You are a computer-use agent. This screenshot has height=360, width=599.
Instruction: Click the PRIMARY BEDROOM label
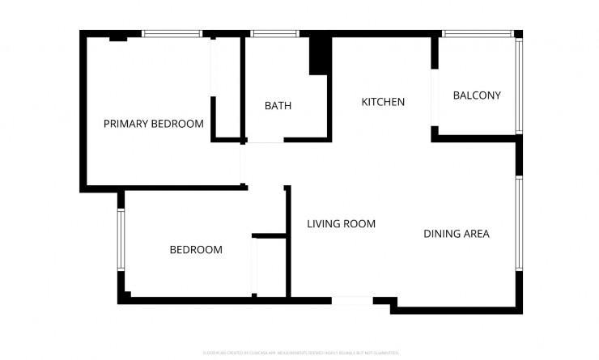click(153, 124)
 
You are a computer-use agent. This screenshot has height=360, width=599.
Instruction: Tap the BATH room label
click(278, 106)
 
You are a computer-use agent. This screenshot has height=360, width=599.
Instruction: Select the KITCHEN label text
click(383, 102)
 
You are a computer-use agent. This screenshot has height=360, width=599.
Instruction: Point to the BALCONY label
click(477, 95)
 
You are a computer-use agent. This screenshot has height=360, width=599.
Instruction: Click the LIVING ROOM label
click(341, 224)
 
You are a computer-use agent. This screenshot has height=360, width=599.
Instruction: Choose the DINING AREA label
click(457, 234)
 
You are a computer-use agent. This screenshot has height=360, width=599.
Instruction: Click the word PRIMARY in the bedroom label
click(127, 124)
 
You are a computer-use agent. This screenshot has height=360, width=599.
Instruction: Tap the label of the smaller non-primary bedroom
click(195, 250)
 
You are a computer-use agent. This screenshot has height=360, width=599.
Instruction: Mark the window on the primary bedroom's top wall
click(172, 34)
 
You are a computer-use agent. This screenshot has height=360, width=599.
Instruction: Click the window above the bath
click(264, 34)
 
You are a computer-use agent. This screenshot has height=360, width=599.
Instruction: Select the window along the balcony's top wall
click(478, 34)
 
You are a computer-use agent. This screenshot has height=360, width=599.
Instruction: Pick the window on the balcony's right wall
click(520, 85)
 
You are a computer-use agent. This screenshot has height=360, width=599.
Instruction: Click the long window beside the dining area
click(520, 223)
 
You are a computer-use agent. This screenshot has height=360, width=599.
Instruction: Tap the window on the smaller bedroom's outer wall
click(121, 240)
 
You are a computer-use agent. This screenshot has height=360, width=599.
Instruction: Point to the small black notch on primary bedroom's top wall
click(118, 37)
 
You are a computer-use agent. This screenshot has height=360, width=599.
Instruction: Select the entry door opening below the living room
click(352, 300)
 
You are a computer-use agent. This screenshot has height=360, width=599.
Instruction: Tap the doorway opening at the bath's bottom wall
click(264, 141)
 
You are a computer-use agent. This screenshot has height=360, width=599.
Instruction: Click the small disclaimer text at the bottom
click(300, 354)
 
